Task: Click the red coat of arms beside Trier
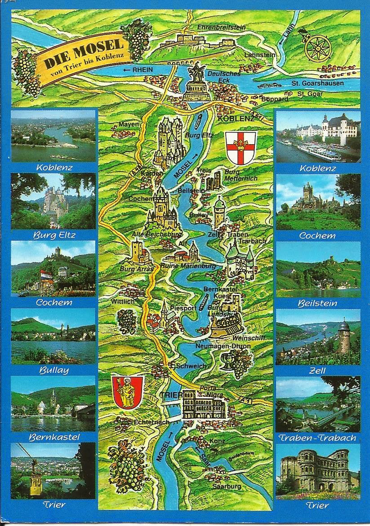coord(127,392)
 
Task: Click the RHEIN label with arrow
coord(138,69)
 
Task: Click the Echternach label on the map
coord(151,422)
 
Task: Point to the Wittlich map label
coord(122,301)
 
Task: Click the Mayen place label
coord(127,124)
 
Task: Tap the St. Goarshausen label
coord(317,83)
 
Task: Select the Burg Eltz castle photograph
coord(53,200)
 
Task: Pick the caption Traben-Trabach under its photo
coord(317,438)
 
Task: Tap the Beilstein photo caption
coord(317,303)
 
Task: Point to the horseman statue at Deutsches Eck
coord(196,72)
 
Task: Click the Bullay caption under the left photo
coord(53,371)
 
